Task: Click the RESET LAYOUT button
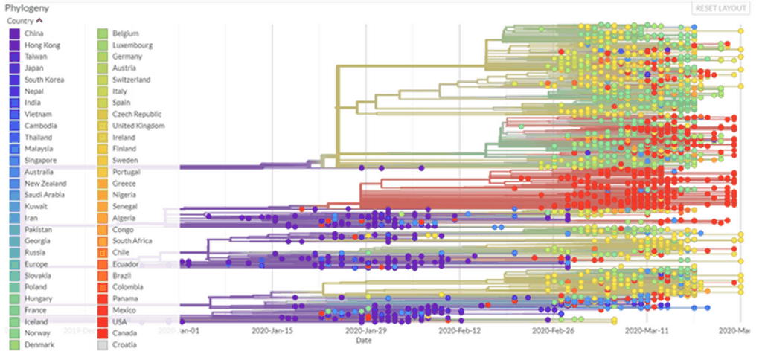(720, 8)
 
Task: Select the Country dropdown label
(23, 21)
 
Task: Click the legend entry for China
(33, 33)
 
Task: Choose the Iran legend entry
(31, 218)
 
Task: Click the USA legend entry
(119, 322)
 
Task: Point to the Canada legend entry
(123, 333)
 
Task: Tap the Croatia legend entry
(123, 345)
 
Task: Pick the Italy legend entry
(120, 91)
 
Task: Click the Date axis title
(363, 340)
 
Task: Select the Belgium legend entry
(124, 33)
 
